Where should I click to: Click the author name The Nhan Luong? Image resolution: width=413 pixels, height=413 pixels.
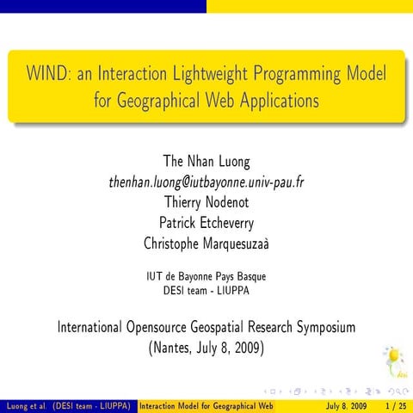pos(206,163)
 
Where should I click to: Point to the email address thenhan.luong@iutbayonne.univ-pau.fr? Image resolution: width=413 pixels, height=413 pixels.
pos(206,182)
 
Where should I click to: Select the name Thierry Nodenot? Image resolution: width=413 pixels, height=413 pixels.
pos(206,202)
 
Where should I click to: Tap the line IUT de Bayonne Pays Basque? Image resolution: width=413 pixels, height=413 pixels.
pos(206,277)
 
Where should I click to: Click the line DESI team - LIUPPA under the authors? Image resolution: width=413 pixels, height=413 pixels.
pos(206,290)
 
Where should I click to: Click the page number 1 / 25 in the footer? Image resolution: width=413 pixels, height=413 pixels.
pos(397,405)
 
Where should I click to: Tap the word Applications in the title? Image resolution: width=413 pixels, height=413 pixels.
pos(274,100)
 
